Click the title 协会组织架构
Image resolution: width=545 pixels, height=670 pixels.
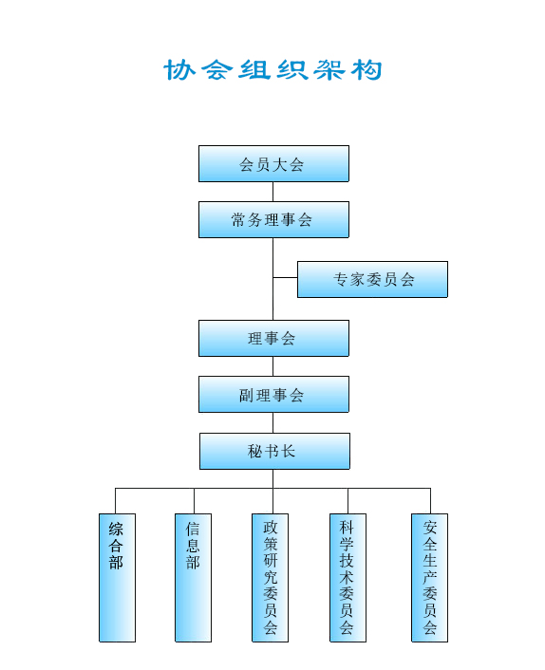(x=272, y=70)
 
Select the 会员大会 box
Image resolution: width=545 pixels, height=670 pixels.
(x=273, y=163)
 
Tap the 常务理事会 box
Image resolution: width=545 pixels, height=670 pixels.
(x=273, y=219)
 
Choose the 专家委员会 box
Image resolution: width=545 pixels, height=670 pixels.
(x=372, y=279)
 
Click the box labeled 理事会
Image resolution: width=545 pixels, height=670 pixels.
(x=273, y=339)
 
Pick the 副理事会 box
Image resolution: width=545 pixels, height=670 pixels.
(x=273, y=395)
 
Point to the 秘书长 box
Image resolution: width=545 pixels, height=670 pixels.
(x=274, y=451)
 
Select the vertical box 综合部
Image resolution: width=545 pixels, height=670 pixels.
(x=117, y=578)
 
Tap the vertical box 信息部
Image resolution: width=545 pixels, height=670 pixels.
(x=193, y=578)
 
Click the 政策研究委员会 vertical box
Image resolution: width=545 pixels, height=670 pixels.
(x=271, y=578)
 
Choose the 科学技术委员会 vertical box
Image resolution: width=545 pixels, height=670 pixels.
(x=348, y=578)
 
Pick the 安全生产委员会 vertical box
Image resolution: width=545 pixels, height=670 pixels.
(x=429, y=578)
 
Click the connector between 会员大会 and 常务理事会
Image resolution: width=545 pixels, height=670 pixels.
(x=273, y=192)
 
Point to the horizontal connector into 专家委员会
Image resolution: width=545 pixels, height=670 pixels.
(x=285, y=278)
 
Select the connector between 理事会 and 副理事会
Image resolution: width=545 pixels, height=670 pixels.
(x=273, y=366)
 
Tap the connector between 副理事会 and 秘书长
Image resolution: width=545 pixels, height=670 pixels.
(x=273, y=423)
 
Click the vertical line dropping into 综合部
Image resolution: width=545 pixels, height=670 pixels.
(x=116, y=501)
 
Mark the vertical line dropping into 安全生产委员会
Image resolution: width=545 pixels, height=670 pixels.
(x=430, y=501)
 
